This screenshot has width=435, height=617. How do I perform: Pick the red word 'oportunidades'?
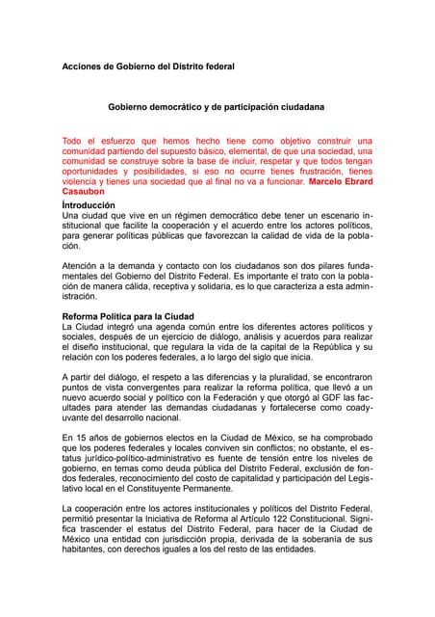tap(95, 170)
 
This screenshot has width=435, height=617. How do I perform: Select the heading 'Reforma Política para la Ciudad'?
tap(128, 316)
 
